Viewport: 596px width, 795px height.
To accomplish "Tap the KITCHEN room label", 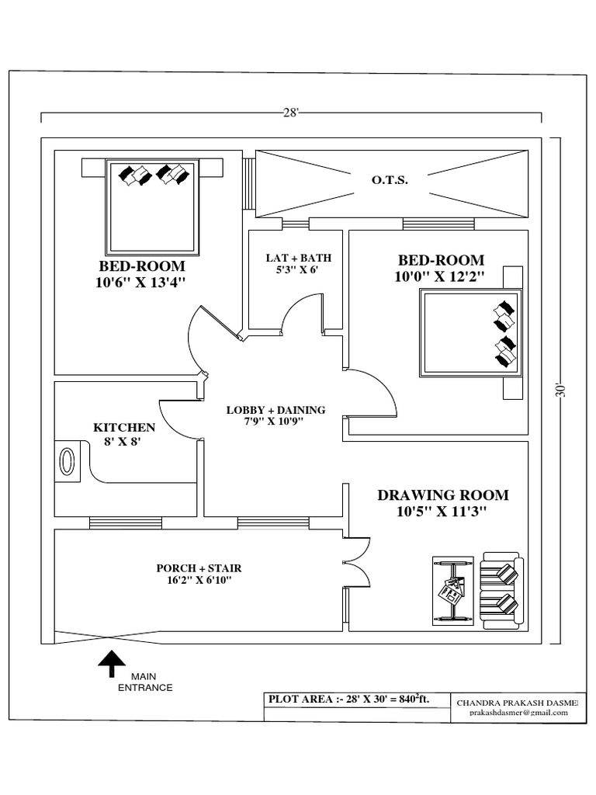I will pos(124,428).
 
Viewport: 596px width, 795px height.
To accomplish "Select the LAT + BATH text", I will pos(293,257).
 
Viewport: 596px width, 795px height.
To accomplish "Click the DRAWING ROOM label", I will pos(442,495).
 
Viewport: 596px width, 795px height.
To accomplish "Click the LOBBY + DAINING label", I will pos(275,410).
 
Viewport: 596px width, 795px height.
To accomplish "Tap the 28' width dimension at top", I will pos(291,113).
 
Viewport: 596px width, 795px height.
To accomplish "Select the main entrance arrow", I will pos(112,665).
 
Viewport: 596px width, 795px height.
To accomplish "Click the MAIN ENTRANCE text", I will pos(145,682).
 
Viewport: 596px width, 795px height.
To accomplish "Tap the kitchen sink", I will pos(68,460).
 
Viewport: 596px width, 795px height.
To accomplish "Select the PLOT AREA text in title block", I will pos(347,699).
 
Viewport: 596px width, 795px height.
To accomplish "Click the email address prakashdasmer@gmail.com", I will pos(518,713).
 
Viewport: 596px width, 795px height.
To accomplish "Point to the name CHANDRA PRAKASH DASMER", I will pos(518,702).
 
